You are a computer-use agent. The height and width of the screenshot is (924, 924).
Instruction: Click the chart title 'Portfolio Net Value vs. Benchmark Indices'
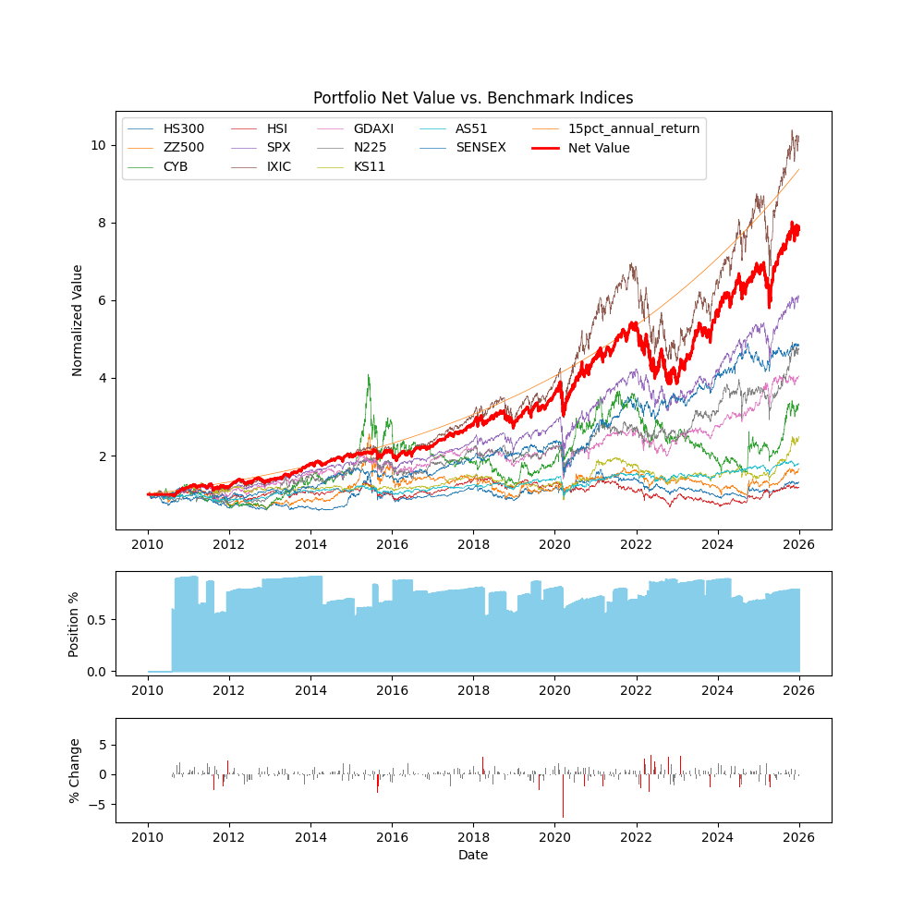(473, 98)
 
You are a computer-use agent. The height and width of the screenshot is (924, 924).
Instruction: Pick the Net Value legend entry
(599, 148)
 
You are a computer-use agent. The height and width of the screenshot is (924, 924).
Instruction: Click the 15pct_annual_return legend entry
(634, 128)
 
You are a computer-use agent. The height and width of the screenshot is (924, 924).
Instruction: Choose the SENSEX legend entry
(480, 148)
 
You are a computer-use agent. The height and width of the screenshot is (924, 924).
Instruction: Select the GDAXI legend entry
(373, 128)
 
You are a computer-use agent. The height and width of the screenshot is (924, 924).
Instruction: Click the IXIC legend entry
(279, 167)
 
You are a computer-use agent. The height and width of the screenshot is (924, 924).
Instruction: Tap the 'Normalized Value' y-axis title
(78, 320)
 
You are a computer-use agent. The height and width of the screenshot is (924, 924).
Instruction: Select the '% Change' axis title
(74, 771)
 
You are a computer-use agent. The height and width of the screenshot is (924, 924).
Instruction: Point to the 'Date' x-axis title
(473, 856)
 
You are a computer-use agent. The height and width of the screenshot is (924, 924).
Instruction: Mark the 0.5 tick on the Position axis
(96, 619)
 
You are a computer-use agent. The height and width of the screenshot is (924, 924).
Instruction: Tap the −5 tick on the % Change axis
(100, 805)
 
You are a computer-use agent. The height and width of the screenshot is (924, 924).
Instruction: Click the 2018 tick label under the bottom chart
(473, 837)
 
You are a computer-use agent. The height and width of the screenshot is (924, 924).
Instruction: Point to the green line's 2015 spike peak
(369, 375)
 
